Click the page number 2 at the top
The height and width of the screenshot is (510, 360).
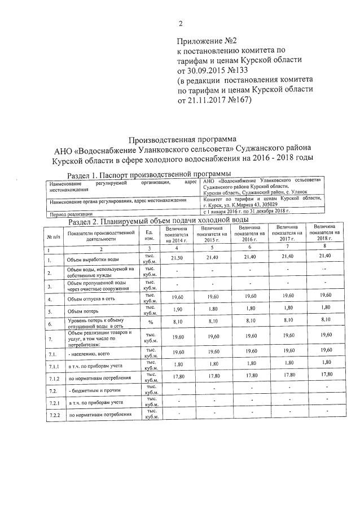coord(180,24)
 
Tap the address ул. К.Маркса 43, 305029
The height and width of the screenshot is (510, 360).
coord(241,204)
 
